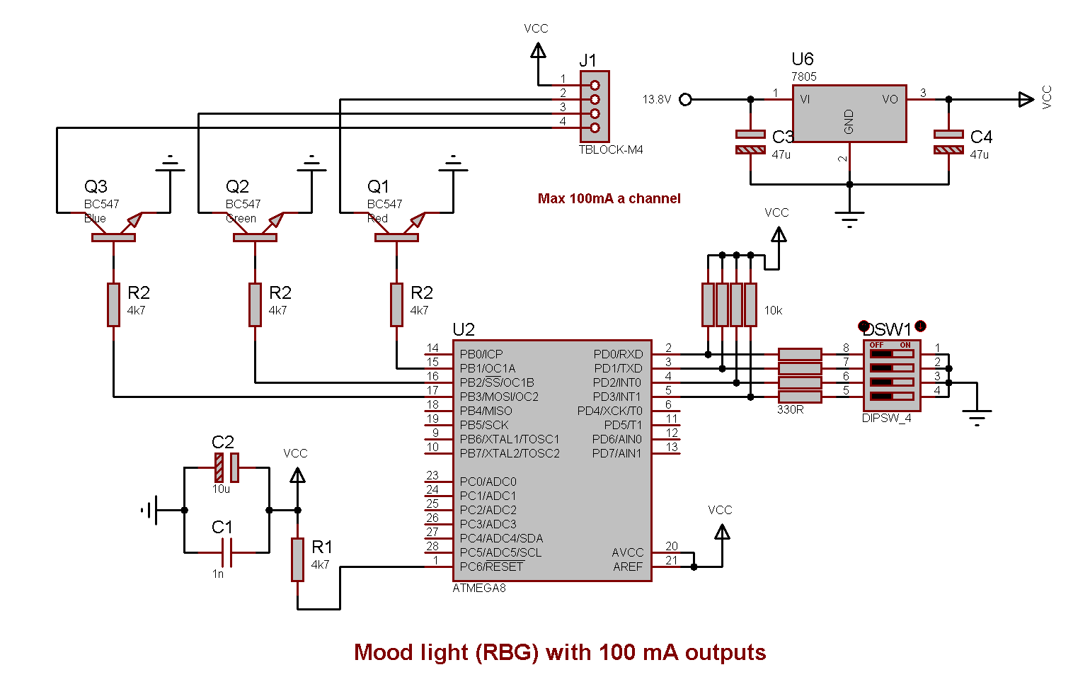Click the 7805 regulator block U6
[849, 114]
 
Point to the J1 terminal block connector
[595, 106]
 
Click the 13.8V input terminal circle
[685, 100]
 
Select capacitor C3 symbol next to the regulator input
[750, 142]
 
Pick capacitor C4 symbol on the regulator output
[948, 142]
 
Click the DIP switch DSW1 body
[891, 375]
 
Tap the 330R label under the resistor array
[790, 410]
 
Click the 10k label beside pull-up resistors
[773, 311]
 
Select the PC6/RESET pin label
[491, 567]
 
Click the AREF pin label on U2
[628, 567]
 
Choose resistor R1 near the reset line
[298, 559]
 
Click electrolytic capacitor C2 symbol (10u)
[226, 467]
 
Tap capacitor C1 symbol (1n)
[226, 552]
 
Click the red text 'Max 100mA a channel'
[609, 199]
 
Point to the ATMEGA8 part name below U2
[479, 588]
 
